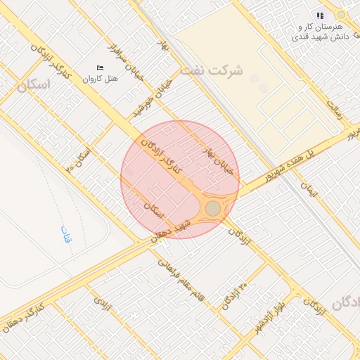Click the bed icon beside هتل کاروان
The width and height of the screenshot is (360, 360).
click(x=99, y=67)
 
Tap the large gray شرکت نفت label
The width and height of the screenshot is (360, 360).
click(x=212, y=71)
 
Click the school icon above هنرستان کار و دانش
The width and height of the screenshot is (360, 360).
click(x=321, y=15)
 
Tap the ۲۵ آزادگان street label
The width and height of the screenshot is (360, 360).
click(x=235, y=295)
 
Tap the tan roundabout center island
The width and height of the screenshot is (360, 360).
click(x=213, y=208)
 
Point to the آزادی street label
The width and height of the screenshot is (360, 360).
click(x=103, y=304)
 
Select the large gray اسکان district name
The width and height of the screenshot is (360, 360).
click(x=32, y=86)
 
